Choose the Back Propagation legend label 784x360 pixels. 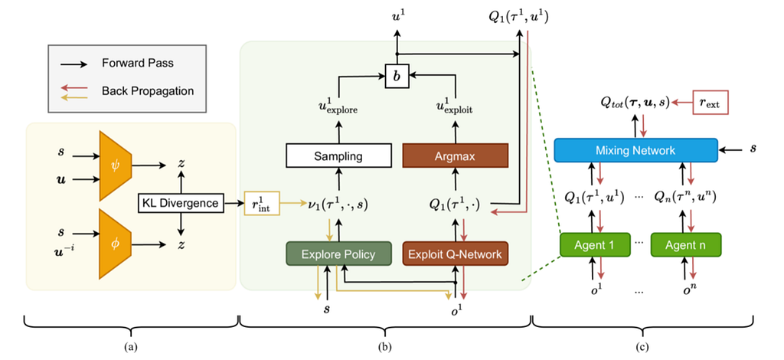(x=148, y=90)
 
